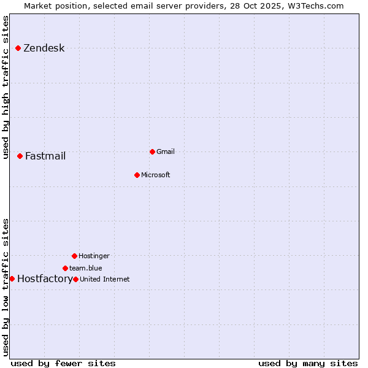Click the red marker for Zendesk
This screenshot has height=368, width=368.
pos(18,48)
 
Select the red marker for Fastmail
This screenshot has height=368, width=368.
pos(20,156)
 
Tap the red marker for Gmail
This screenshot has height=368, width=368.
pos(152,151)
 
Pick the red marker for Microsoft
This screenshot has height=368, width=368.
pos(137,175)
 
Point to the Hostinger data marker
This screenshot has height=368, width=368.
pos(74,256)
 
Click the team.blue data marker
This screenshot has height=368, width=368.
pos(65,268)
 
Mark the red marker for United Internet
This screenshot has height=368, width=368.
pos(75,279)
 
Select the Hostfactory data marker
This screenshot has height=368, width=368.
pos(12,278)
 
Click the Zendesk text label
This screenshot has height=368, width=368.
pos(44,48)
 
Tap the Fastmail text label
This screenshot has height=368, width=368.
pos(45,156)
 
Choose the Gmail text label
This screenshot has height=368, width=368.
pos(166,151)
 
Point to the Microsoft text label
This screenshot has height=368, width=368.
pos(156,175)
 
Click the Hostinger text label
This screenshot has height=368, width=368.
pos(94,256)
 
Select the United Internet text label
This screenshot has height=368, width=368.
pos(105,279)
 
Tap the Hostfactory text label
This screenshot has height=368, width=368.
pos(45,278)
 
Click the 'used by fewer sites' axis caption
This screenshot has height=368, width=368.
pos(63,363)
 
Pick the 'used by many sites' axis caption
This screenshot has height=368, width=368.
pos(308,363)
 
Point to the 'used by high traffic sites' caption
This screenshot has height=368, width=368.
pos(6,87)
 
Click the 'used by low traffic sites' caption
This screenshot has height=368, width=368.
pos(6,287)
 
